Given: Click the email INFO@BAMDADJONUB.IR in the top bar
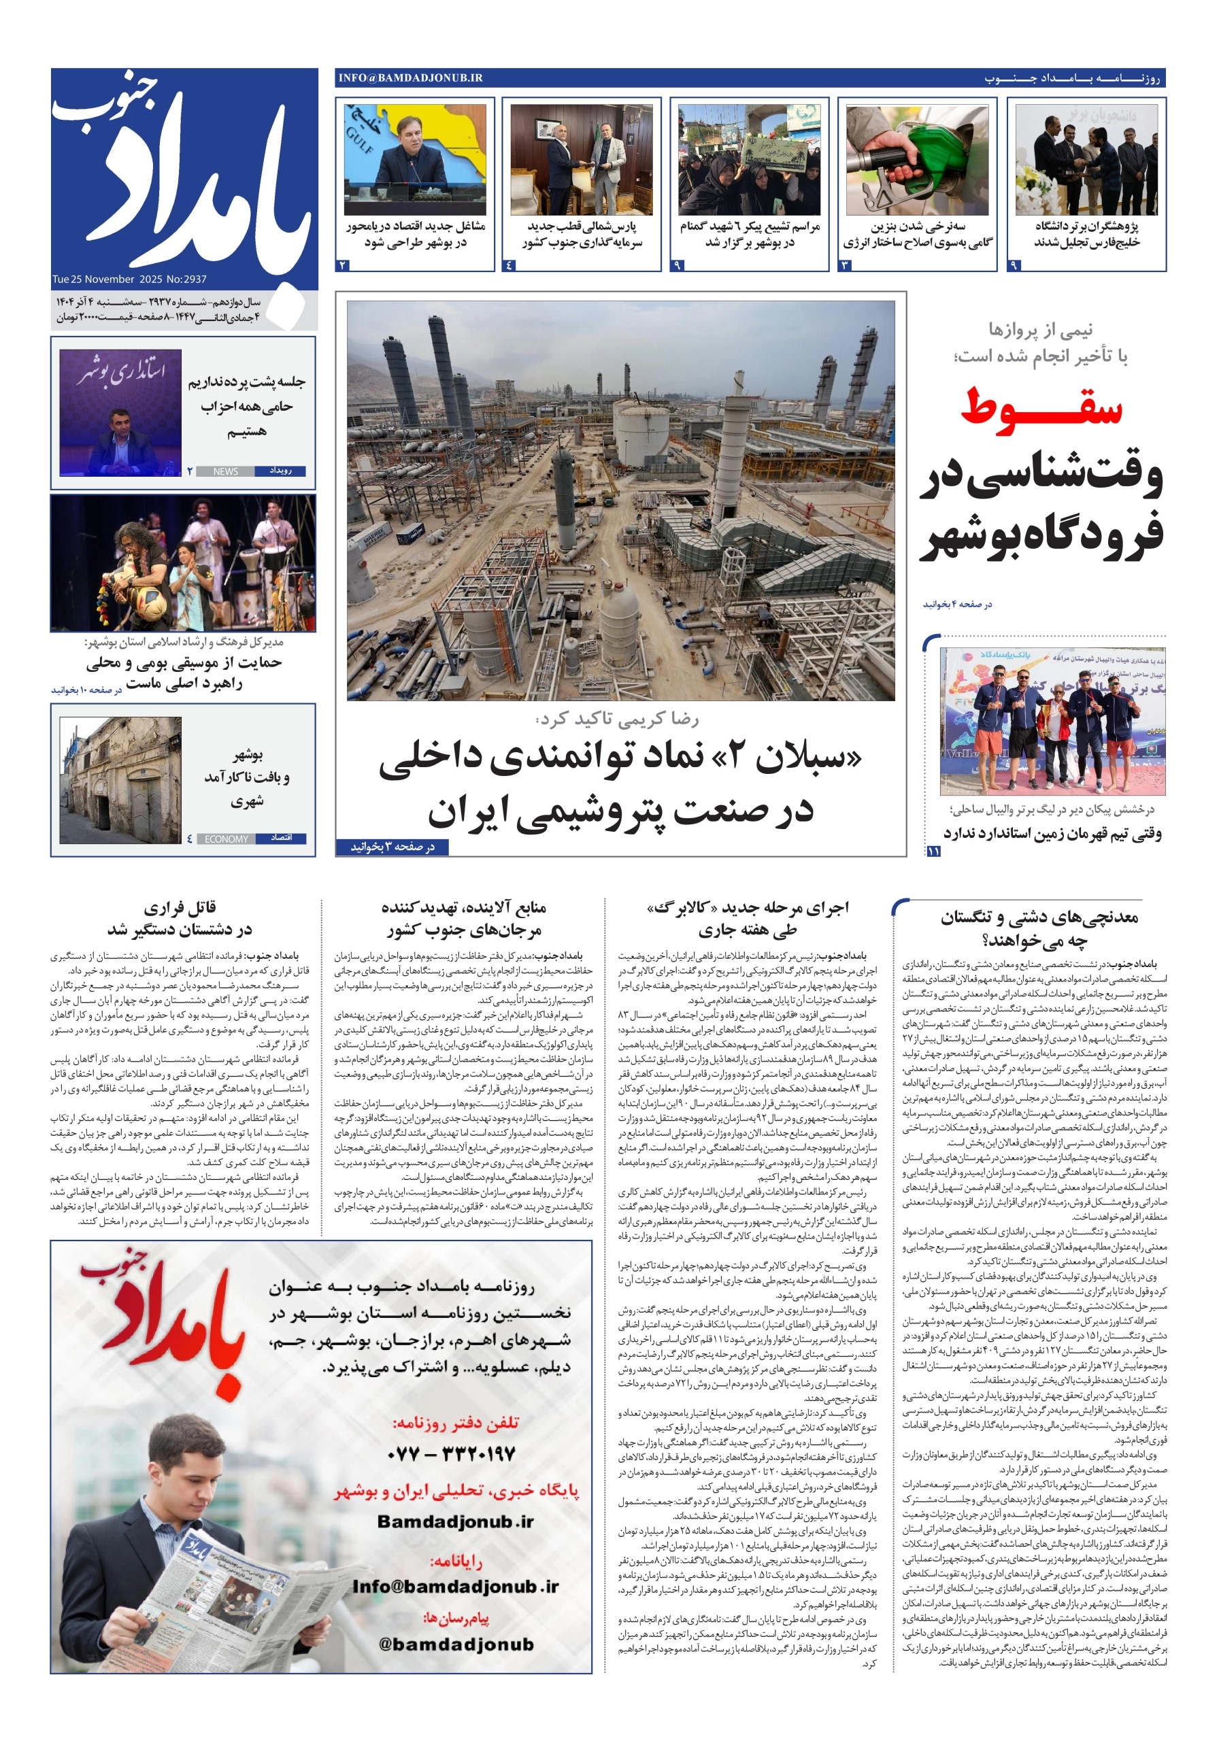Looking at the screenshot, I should pos(410,78).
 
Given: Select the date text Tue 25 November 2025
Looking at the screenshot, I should pos(94,279).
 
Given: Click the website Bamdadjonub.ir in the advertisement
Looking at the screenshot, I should pos(455,1522).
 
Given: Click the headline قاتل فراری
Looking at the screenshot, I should pos(180,908).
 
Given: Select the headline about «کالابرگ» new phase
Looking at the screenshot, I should pos(747,918).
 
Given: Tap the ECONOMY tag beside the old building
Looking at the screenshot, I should pos(226,839).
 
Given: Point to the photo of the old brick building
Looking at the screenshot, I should pos(120,780).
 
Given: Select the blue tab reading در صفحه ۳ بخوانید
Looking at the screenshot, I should pos(393,847).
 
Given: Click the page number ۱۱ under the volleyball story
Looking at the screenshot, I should pos(933,851).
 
